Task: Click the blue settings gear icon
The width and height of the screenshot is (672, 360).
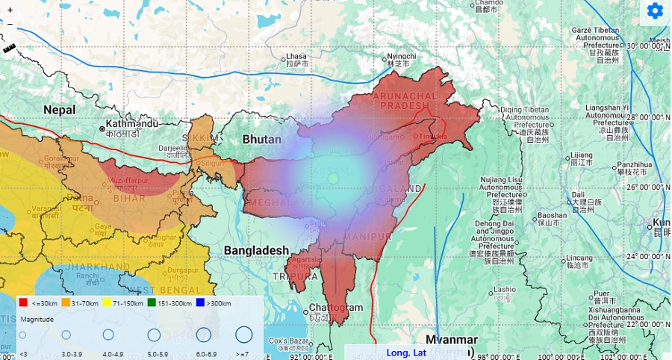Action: coord(655,10)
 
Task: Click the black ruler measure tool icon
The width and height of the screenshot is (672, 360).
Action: coord(10,48)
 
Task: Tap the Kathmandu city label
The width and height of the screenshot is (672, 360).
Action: coord(132,123)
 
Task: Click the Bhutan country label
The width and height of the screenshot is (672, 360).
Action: coord(262,140)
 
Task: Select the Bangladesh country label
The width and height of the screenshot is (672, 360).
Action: coord(256,249)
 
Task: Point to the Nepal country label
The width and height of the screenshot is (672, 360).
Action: coord(59,110)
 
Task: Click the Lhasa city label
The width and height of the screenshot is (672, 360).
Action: coord(296,57)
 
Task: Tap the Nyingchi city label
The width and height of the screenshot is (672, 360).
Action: coord(400,57)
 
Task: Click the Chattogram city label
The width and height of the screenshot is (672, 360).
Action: coord(336,308)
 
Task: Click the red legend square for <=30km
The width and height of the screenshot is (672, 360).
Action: coord(23,302)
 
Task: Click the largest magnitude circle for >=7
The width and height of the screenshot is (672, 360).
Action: coord(243,335)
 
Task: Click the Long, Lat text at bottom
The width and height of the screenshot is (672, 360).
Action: coord(406,353)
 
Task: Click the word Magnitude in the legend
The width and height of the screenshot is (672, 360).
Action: coord(37,319)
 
